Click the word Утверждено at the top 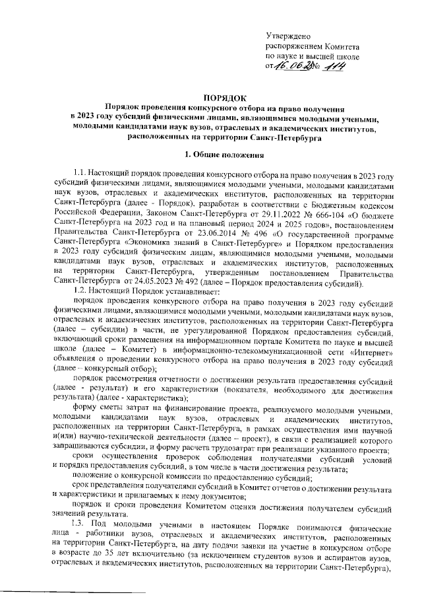pos(288,34)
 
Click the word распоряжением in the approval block pos(294,46)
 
